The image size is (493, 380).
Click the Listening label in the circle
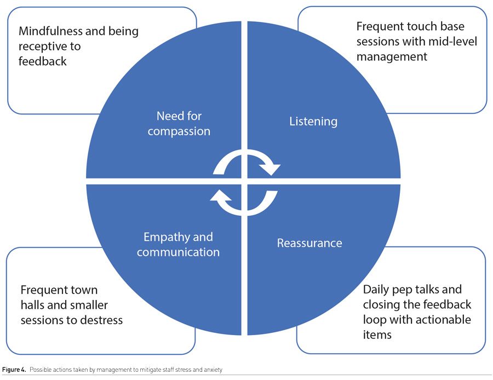(313, 121)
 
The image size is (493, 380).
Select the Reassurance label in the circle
(309, 243)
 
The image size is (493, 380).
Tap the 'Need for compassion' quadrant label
(179, 124)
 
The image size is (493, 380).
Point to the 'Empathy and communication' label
(178, 245)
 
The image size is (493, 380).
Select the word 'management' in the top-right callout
(392, 56)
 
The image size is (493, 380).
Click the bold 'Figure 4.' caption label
(14, 370)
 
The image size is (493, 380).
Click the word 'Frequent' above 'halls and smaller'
(43, 290)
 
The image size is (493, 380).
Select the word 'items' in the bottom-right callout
(377, 334)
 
